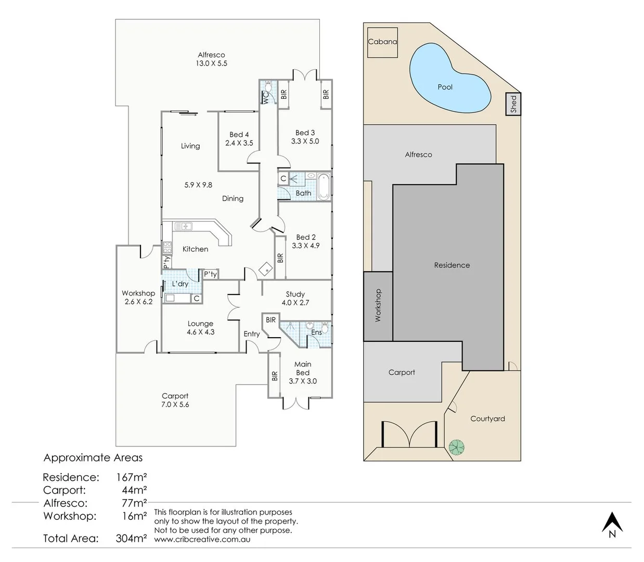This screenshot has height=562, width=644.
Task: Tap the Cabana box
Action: pyautogui.click(x=382, y=42)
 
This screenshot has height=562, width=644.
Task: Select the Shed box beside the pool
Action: pyautogui.click(x=513, y=104)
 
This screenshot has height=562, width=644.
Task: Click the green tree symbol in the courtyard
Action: pyautogui.click(x=457, y=447)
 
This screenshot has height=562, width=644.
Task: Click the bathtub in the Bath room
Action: pyautogui.click(x=323, y=185)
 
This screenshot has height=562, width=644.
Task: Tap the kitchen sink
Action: pyautogui.click(x=183, y=226)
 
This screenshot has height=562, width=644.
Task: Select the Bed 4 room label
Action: pyautogui.click(x=239, y=134)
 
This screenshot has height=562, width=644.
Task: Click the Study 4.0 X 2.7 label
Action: pyautogui.click(x=295, y=298)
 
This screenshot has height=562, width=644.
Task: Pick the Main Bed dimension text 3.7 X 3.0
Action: pyautogui.click(x=302, y=381)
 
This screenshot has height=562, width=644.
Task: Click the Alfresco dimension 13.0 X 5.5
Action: pyautogui.click(x=211, y=63)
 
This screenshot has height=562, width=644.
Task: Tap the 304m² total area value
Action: pyautogui.click(x=131, y=539)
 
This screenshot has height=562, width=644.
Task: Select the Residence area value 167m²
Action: pyautogui.click(x=131, y=477)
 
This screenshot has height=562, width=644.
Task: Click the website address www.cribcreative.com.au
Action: pyautogui.click(x=202, y=540)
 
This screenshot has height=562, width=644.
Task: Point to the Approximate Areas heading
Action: pyautogui.click(x=93, y=458)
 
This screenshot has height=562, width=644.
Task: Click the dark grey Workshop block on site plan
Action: pyautogui.click(x=378, y=306)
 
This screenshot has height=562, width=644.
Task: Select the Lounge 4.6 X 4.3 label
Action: pyautogui.click(x=200, y=328)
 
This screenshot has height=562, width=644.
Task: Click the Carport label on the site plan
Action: pyautogui.click(x=402, y=373)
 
